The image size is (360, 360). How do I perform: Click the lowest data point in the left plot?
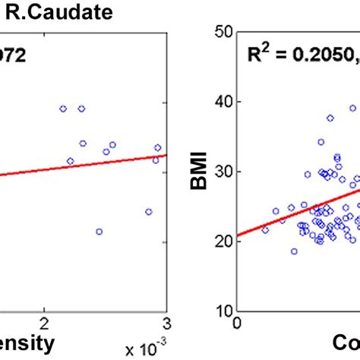click(99, 232)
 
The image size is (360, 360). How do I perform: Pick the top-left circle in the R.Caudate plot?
click(63, 109)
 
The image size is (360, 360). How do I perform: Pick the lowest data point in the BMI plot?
click(294, 251)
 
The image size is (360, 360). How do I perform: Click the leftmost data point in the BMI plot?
click(265, 229)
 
